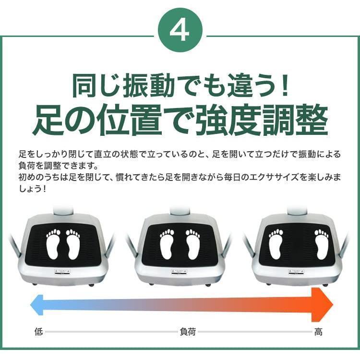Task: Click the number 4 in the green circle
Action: pyautogui.click(x=180, y=31)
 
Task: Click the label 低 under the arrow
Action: pyautogui.click(x=38, y=332)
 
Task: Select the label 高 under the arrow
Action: pyautogui.click(x=318, y=332)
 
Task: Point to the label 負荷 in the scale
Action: pyautogui.click(x=187, y=332)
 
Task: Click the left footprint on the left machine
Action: pyautogui.click(x=53, y=244)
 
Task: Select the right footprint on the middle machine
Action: pyautogui.click(x=193, y=244)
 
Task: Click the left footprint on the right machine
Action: pyautogui.click(x=276, y=244)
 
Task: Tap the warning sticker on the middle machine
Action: pyautogui.click(x=180, y=272)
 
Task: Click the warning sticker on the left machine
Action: pyautogui.click(x=62, y=272)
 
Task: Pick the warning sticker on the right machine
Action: pyautogui.click(x=297, y=272)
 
